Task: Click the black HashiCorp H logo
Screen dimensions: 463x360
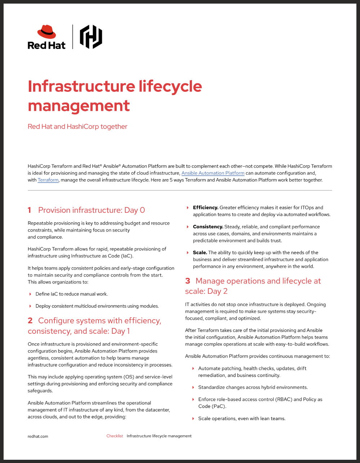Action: tap(91, 37)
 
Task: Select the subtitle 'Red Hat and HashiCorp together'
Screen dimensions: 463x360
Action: tap(77, 127)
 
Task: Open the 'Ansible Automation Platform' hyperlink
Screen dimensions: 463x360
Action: tap(213, 173)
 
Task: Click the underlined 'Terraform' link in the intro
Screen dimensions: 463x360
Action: tap(48, 180)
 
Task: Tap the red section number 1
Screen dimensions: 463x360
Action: tap(30, 210)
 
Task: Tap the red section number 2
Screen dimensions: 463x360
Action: tap(30, 321)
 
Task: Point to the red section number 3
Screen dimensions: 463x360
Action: tap(188, 281)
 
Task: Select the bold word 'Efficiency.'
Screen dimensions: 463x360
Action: tap(206, 208)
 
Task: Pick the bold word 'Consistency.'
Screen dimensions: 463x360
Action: tap(208, 227)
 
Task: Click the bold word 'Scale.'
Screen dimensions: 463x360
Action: tap(200, 253)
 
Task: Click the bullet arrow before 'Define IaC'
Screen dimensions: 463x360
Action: tap(30, 294)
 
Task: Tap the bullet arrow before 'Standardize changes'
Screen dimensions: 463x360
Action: tap(193, 388)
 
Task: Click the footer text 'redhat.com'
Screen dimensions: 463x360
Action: tap(38, 436)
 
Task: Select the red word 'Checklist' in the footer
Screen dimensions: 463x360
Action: tap(114, 436)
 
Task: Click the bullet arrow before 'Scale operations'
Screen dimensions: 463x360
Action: tap(193, 419)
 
